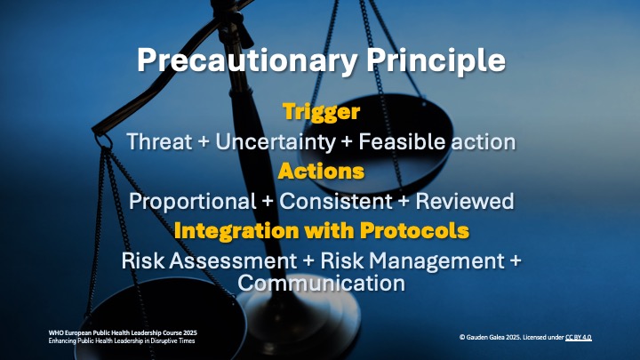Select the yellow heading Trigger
(321, 112)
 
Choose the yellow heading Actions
(321, 171)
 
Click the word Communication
(321, 284)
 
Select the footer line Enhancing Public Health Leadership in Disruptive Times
(122, 341)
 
